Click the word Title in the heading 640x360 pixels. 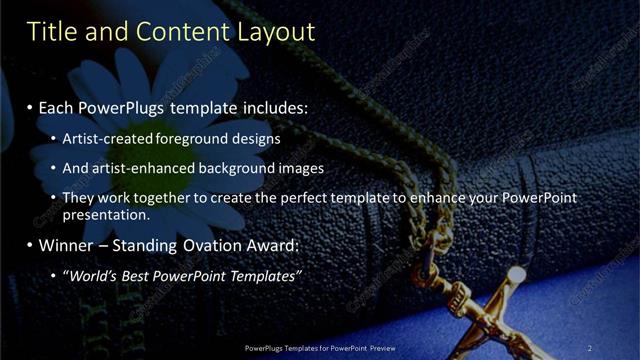point(53,32)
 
